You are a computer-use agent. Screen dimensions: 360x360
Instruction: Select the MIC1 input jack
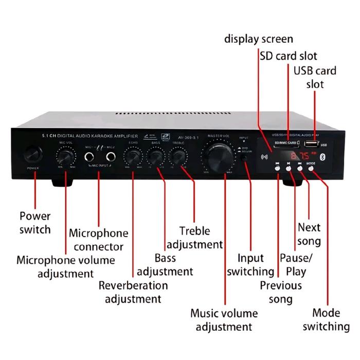91,155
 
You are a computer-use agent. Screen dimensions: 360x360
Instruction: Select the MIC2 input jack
110,155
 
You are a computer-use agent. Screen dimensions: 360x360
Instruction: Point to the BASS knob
156,155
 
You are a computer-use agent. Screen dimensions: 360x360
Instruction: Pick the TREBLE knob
178,155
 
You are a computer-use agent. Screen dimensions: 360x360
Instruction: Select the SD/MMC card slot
286,146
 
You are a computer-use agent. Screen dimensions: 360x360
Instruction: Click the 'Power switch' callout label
35,222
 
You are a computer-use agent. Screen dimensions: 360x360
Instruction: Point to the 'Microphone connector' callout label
99,240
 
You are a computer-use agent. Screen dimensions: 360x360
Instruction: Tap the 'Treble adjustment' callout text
194,238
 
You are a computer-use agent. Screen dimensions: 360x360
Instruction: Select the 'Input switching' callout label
250,264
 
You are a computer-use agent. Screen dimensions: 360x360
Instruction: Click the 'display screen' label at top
259,39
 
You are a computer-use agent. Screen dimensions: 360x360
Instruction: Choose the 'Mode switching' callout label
326,319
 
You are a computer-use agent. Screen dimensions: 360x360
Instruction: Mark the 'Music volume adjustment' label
224,319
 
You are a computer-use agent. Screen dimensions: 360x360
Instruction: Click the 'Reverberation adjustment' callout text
133,292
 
